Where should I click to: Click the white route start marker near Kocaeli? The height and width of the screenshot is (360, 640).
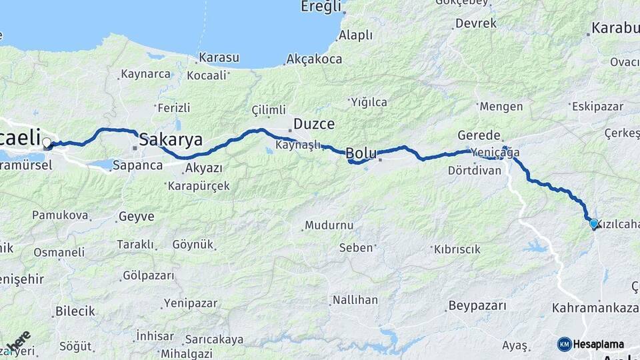[47, 143]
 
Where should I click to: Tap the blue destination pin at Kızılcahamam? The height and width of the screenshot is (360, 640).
[593, 224]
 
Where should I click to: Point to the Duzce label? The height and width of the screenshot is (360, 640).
[314, 125]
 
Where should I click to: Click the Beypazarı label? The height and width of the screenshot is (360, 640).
[473, 305]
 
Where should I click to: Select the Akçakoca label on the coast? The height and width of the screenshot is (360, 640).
[314, 59]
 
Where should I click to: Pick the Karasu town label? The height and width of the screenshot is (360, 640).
[219, 58]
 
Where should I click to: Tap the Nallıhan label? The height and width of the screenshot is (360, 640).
[355, 300]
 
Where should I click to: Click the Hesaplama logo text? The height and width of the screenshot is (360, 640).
[598, 344]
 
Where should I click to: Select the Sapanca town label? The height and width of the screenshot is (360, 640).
[137, 165]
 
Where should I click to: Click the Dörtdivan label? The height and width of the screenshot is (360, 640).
[475, 170]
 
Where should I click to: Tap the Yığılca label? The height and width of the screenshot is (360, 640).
[368, 102]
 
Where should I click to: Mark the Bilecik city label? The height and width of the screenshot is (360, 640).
[75, 311]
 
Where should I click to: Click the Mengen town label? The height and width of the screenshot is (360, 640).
[501, 106]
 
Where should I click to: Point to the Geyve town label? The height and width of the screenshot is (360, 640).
[136, 216]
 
